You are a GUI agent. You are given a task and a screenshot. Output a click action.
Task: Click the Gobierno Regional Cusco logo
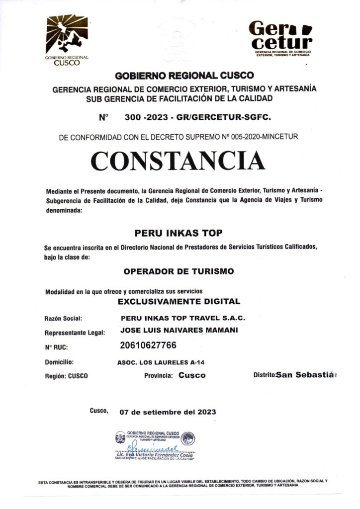click(x=67, y=40)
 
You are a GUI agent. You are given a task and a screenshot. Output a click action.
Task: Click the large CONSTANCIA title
click(x=178, y=160)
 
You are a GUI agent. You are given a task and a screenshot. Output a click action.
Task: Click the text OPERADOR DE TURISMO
click(x=179, y=271)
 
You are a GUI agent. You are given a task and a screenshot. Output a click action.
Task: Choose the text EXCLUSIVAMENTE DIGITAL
click(x=179, y=301)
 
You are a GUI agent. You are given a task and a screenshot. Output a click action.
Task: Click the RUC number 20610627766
click(x=148, y=345)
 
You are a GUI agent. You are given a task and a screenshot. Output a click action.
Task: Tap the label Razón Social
click(x=63, y=318)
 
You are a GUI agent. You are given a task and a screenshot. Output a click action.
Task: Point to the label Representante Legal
click(x=75, y=333)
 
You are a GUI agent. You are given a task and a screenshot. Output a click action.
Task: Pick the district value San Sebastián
click(x=307, y=374)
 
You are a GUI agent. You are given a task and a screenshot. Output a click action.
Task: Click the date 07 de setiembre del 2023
click(x=168, y=412)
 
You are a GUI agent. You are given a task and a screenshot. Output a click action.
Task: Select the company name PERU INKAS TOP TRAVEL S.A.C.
click(x=182, y=317)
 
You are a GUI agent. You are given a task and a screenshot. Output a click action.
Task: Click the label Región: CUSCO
click(x=66, y=376)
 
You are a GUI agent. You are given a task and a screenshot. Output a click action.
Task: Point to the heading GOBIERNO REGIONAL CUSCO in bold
click(x=184, y=76)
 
